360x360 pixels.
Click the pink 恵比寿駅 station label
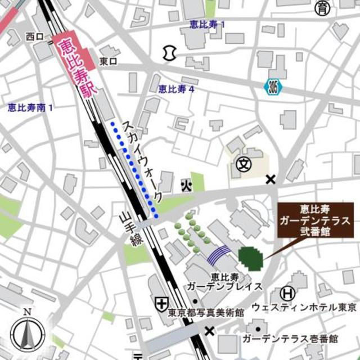coord(75,66)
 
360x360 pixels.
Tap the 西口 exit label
coord(34,37)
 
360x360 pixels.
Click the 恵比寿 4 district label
coord(176,88)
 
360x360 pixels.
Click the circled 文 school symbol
coord(243,165)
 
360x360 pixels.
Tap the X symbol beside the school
coord(271,179)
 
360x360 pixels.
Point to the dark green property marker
coord(250,258)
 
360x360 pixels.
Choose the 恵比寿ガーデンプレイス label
coord(224,281)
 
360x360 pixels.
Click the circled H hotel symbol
coord(287,293)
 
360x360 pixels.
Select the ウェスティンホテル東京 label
coord(304,308)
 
